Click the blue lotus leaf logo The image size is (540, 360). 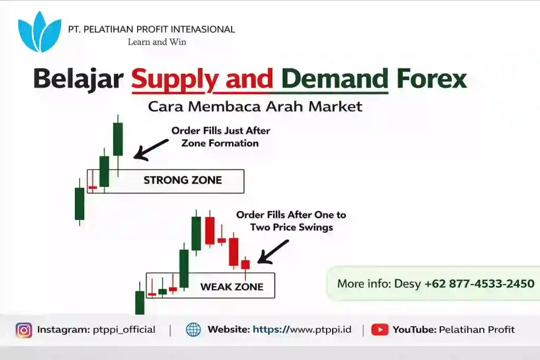click(x=40, y=32)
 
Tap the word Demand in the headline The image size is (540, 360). click(x=335, y=79)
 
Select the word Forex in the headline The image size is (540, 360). click(x=432, y=79)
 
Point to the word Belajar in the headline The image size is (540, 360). click(x=78, y=79)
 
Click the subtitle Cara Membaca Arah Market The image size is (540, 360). click(x=255, y=106)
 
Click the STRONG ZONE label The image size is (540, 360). click(x=182, y=180)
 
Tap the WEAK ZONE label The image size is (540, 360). click(x=232, y=287)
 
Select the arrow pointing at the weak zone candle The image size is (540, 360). click(x=273, y=251)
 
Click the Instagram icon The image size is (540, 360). click(x=24, y=330)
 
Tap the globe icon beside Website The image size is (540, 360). click(x=194, y=330)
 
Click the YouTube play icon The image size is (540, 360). click(x=380, y=330)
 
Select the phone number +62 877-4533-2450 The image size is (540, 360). click(x=479, y=284)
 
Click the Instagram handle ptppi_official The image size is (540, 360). click(x=122, y=330)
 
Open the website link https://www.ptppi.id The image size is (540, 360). click(x=302, y=330)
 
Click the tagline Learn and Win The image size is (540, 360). click(x=157, y=42)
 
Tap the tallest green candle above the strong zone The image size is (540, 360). click(x=118, y=139)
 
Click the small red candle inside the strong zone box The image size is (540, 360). click(x=93, y=187)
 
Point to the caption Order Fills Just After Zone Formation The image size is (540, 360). click(x=220, y=137)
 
